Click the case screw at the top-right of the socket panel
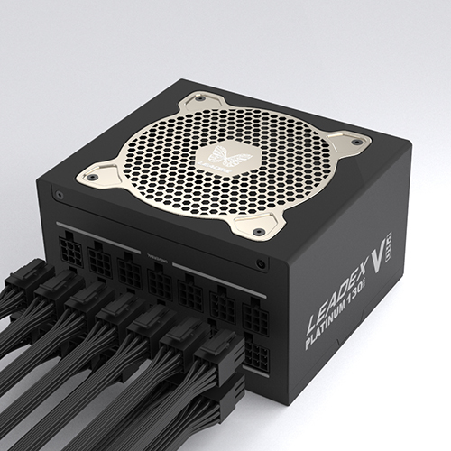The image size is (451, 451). [261, 265]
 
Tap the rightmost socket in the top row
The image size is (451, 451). [255, 317]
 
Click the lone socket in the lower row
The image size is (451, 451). [256, 357]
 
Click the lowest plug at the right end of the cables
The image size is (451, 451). [226, 397]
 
